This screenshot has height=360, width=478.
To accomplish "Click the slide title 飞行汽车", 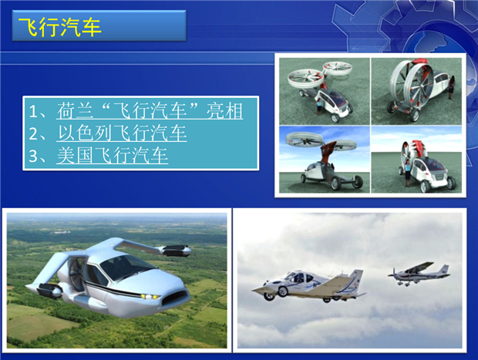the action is click(x=60, y=27).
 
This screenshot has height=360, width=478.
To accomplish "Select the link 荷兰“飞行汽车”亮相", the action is click(x=150, y=111).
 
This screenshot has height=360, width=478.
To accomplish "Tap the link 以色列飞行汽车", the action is click(x=122, y=133).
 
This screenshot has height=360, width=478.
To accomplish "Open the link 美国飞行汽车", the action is click(x=113, y=155).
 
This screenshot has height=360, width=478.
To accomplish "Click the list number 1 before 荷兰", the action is click(x=33, y=112).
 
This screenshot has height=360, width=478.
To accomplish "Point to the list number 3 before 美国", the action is click(x=33, y=156).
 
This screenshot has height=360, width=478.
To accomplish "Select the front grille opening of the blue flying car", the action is click(x=176, y=298).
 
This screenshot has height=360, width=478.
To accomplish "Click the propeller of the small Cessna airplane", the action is click(x=393, y=274).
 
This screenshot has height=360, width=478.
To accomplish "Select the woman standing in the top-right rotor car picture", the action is click(x=451, y=88).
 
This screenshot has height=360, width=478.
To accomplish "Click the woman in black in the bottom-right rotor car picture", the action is click(x=406, y=173).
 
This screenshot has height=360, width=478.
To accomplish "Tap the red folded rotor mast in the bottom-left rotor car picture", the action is click(x=328, y=153).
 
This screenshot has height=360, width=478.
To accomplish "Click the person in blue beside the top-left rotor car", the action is click(x=319, y=107).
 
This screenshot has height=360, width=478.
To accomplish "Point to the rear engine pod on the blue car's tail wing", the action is click(x=177, y=250).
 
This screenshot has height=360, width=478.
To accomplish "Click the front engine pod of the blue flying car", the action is click(x=49, y=290).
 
